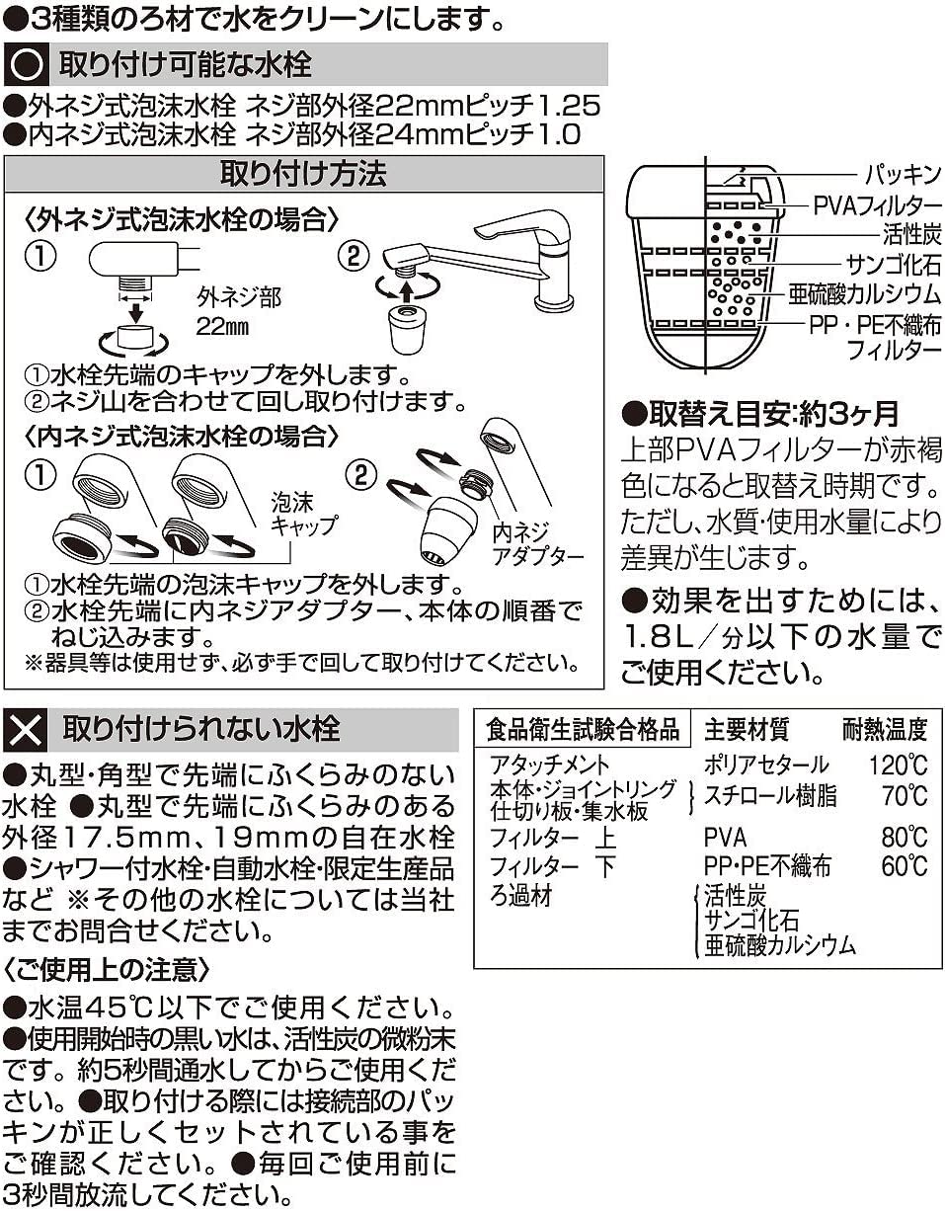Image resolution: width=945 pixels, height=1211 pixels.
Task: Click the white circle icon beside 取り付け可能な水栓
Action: pyautogui.click(x=27, y=65)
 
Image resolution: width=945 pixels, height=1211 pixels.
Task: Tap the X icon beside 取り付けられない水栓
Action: pyautogui.click(x=25, y=731)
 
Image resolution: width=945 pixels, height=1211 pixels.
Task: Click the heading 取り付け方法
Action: pyautogui.click(x=303, y=174)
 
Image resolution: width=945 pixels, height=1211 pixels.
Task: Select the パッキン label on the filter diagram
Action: pyautogui.click(x=903, y=175)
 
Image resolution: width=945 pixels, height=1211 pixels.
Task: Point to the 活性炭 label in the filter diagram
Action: pyautogui.click(x=911, y=234)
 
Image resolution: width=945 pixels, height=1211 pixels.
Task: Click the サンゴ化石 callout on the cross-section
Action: pyautogui.click(x=894, y=264)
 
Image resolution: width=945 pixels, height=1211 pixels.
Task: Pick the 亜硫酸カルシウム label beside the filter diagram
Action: pyautogui.click(x=864, y=294)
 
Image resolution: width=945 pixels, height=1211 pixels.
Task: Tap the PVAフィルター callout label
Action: pyautogui.click(x=877, y=205)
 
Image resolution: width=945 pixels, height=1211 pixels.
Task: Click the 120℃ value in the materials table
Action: pyautogui.click(x=899, y=766)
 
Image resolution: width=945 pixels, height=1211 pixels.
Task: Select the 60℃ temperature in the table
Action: pyautogui.click(x=905, y=866)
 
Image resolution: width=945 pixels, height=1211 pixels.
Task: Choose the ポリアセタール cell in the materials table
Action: pyautogui.click(x=766, y=765)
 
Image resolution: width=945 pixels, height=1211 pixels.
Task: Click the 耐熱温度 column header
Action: pyautogui.click(x=885, y=730)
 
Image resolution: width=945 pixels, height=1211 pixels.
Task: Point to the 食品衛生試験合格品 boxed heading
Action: pyautogui.click(x=582, y=729)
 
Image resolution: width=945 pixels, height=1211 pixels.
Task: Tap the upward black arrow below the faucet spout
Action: pyautogui.click(x=407, y=292)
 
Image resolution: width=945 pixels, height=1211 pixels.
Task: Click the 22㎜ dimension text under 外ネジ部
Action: pyautogui.click(x=222, y=327)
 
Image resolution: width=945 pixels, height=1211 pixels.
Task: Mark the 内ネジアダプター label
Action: pyautogui.click(x=538, y=544)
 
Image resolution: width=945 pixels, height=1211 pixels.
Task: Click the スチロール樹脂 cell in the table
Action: pyautogui.click(x=770, y=795)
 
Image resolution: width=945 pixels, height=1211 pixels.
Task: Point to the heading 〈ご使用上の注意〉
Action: pyautogui.click(x=106, y=970)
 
